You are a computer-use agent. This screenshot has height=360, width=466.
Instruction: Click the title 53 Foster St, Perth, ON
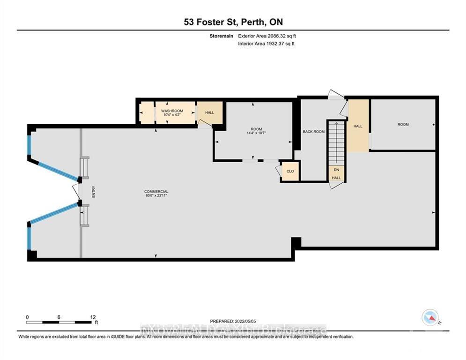coord(233,22)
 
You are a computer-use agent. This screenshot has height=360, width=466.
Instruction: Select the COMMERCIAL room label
coord(156,192)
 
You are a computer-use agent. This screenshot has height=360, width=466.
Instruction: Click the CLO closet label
coord(290,172)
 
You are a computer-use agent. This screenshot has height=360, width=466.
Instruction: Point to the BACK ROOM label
coord(313,132)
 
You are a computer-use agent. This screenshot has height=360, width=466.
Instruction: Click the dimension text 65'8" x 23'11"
coord(156,196)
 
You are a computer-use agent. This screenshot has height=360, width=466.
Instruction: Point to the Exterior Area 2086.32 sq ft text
coord(267,36)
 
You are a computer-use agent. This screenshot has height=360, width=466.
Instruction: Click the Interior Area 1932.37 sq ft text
coord(266,44)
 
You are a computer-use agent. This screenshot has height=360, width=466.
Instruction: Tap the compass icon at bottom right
coord(429,317)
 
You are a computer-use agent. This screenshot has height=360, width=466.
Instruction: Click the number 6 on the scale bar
coord(59,317)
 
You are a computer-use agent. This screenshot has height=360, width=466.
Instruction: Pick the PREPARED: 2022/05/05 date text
coord(233,321)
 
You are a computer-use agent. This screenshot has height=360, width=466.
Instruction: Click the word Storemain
coord(223,36)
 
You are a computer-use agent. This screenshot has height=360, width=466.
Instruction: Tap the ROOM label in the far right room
coord(403,124)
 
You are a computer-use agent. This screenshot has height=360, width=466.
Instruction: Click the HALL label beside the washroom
coord(209,112)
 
